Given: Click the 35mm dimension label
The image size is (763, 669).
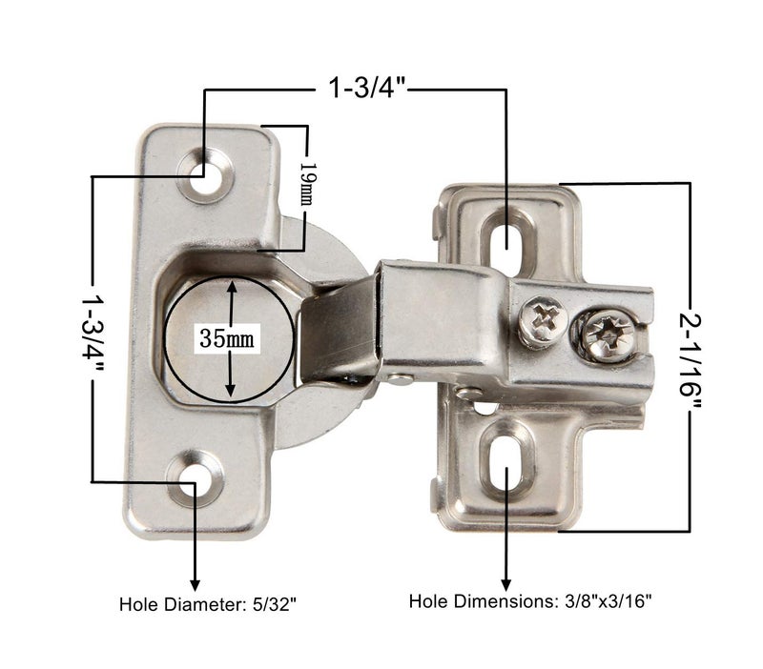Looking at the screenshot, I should pos(230,337).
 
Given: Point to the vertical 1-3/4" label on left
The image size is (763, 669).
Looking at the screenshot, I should pos(93,329).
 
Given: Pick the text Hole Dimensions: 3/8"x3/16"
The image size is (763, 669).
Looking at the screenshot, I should pos(530,601).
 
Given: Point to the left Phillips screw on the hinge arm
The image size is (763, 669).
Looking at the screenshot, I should pos(544,320).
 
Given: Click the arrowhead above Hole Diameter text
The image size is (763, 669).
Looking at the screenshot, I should pos(196,583).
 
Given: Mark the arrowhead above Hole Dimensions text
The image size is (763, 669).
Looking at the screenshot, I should pos(505,582).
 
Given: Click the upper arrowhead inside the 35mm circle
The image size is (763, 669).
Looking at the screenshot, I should pos(230,284).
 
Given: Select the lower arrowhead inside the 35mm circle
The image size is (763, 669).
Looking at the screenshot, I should pos(230,392).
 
